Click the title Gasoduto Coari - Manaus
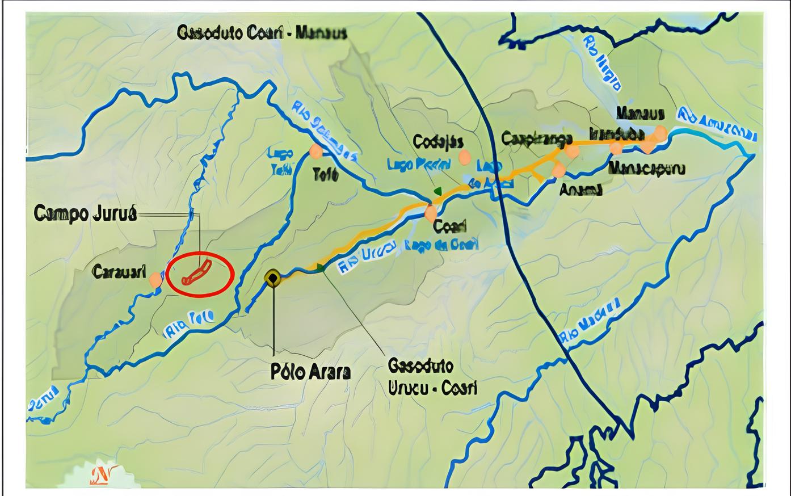[262, 32]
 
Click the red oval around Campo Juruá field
[200, 274]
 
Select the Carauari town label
[119, 271]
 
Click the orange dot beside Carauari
[155, 279]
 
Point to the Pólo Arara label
[310, 372]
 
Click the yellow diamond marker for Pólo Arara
[273, 278]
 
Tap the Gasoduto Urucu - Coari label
[432, 376]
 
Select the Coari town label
[449, 226]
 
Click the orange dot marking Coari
[431, 213]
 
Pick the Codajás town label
[438, 141]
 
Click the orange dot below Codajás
[465, 157]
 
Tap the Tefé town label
[326, 174]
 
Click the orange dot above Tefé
[316, 151]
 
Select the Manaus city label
[640, 112]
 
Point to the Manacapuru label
[646, 169]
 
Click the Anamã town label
[580, 190]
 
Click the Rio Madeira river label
[589, 323]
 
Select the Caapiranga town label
[533, 138]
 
